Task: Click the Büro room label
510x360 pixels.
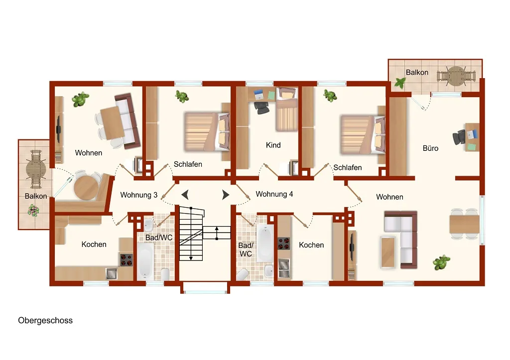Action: point(430,148)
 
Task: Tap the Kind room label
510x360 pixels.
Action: point(273,145)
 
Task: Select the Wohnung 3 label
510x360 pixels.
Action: point(139,195)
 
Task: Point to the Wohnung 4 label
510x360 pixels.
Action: point(274,194)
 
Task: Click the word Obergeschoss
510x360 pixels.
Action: point(45,320)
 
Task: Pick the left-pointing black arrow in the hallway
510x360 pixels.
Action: point(185,195)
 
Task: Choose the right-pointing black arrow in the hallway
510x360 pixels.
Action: point(226,195)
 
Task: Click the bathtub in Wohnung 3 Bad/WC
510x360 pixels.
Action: point(145,261)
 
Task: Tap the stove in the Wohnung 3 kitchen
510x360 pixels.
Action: point(127,260)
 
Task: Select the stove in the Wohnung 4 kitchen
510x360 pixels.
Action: point(283,243)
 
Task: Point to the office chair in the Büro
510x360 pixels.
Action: point(459,137)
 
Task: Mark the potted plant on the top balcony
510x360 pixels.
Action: point(400,83)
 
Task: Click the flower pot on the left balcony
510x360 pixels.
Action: point(33,210)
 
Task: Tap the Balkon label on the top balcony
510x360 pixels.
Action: point(417,73)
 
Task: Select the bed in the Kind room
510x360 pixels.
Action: point(286,109)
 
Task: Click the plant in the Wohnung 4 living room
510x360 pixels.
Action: point(441,262)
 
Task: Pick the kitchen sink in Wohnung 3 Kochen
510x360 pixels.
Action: point(112,274)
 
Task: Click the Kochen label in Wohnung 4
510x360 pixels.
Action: point(311,245)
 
